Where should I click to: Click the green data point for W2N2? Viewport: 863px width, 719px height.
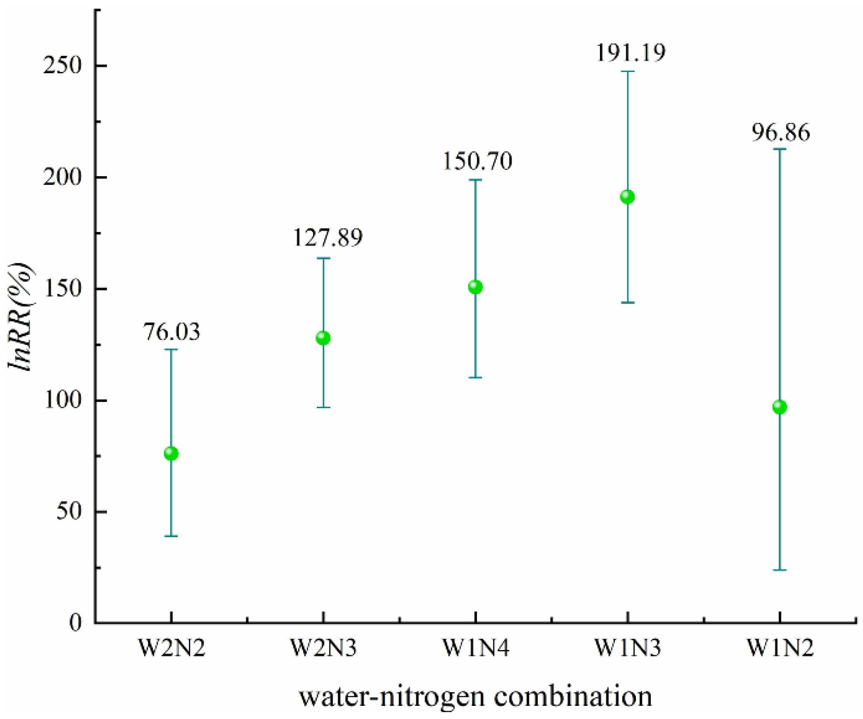pyautogui.click(x=171, y=453)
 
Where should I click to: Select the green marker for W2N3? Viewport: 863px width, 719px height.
pyautogui.click(x=323, y=338)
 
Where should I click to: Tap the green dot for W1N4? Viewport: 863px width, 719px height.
pyautogui.click(x=475, y=287)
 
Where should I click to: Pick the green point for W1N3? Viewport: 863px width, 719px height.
pyautogui.click(x=628, y=197)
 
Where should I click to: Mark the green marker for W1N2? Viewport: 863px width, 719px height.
pyautogui.click(x=780, y=407)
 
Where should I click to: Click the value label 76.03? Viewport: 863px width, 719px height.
pyautogui.click(x=172, y=332)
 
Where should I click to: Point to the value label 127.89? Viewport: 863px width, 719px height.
pyautogui.click(x=327, y=238)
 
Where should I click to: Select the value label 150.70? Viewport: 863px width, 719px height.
pyautogui.click(x=477, y=161)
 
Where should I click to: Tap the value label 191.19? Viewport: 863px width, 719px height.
pyautogui.click(x=631, y=52)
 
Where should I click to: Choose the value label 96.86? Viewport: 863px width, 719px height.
pyautogui.click(x=781, y=132)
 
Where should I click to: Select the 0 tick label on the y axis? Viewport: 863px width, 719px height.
pyautogui.click(x=76, y=623)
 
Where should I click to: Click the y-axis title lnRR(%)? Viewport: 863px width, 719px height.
pyautogui.click(x=20, y=317)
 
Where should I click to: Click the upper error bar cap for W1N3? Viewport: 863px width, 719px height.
pyautogui.click(x=628, y=71)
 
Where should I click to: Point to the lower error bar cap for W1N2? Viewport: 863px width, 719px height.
pyautogui.click(x=780, y=570)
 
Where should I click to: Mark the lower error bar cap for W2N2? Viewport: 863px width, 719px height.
pyautogui.click(x=171, y=536)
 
